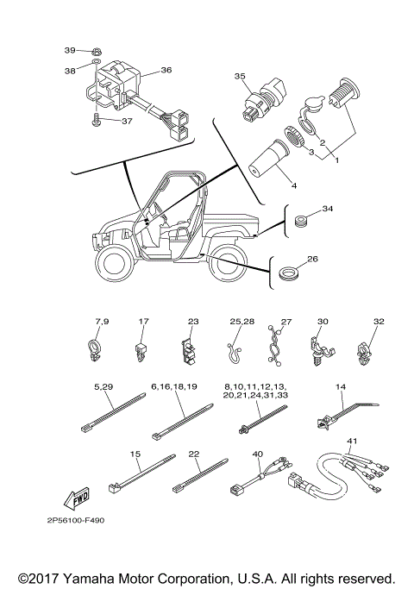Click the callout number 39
71,51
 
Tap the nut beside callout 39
97,51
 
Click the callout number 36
166,70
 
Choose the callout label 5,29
102,386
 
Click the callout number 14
340,387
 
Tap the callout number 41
351,441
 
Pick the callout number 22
194,454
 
